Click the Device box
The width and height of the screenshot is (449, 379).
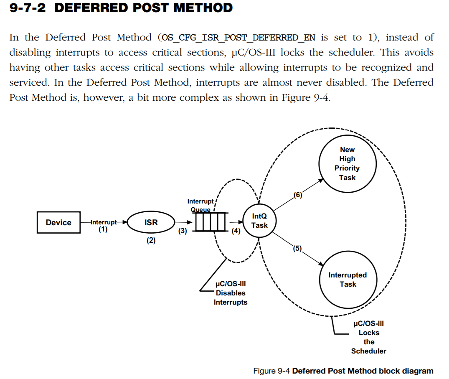tap(58, 222)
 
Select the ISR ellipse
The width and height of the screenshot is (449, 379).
tap(151, 222)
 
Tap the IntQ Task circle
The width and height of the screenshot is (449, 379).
tap(259, 221)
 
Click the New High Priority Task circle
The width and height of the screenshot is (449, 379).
tap(347, 163)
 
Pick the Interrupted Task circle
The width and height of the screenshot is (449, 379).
tap(348, 280)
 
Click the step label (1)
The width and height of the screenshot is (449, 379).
tap(103, 229)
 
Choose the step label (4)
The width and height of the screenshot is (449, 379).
tap(236, 231)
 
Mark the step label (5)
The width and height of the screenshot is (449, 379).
tap(297, 248)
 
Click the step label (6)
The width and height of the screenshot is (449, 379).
tap(297, 195)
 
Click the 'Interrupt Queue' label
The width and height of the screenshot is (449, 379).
tap(200, 205)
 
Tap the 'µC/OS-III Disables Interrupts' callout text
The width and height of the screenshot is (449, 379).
tap(230, 293)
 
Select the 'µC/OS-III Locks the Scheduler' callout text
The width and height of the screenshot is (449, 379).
tap(369, 337)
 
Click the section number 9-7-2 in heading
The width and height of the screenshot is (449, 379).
tap(28, 8)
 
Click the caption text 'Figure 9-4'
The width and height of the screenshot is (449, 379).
tap(271, 371)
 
